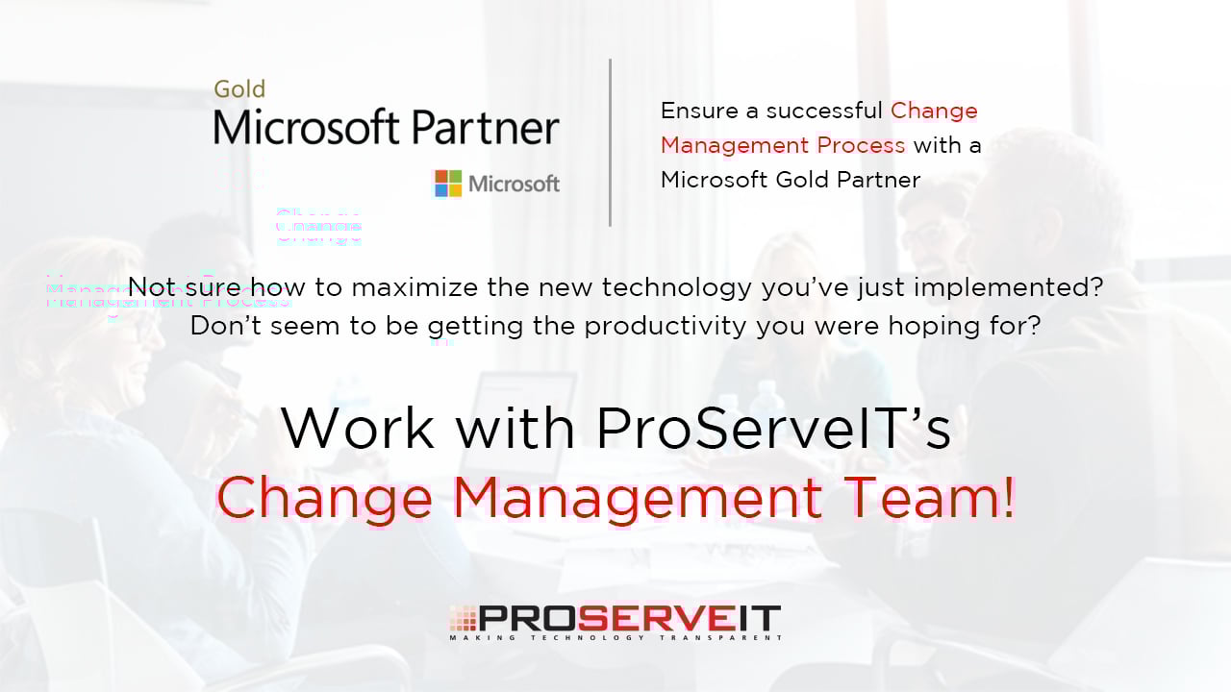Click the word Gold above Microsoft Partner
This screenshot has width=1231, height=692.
tap(239, 89)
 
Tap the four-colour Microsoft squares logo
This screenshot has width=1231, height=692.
tap(448, 183)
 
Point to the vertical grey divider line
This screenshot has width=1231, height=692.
tap(610, 142)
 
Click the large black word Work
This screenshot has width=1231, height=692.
tap(358, 428)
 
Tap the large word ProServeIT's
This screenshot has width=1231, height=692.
tap(773, 428)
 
